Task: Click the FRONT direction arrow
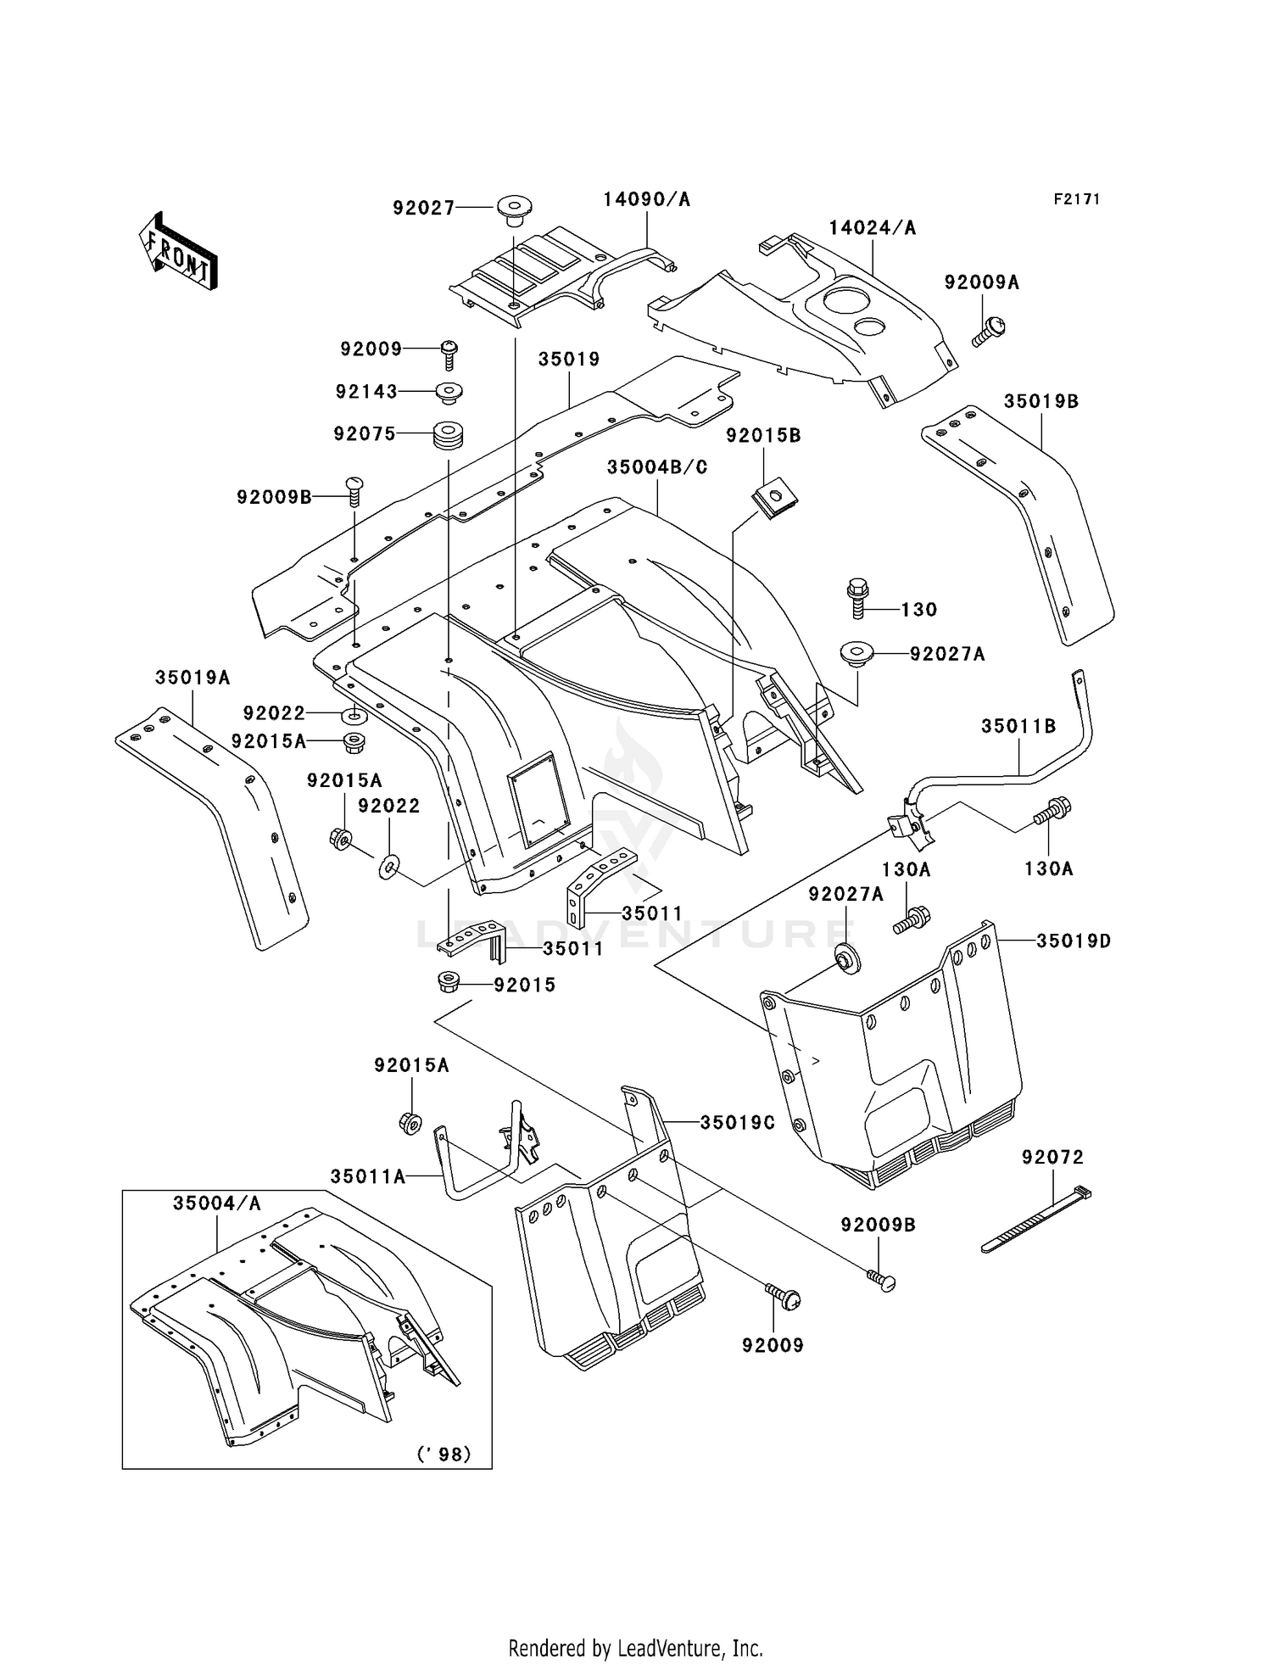pos(179,252)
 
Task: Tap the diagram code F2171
pos(1076,199)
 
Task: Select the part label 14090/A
pos(646,199)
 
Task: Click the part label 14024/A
pos(872,227)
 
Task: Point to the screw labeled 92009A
pos(989,332)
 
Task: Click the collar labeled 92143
pos(449,394)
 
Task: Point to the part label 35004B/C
pos(657,467)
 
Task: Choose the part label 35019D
pos(1073,941)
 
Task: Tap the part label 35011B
pos(1018,726)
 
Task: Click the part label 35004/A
pos(216,1203)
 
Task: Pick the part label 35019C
pos(737,1122)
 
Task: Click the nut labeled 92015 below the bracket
pos(448,983)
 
